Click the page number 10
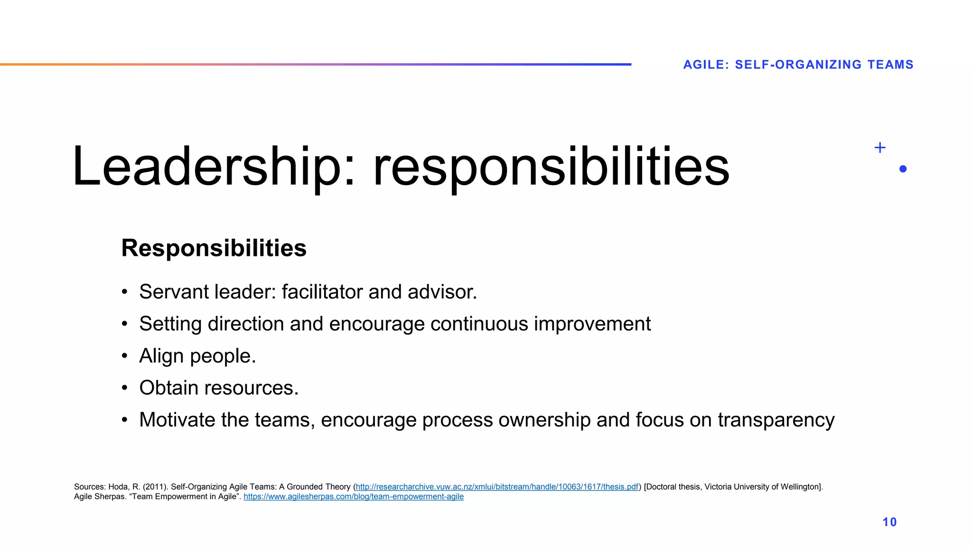pos(889,522)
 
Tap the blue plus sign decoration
pos(880,148)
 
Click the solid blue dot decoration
pos(903,169)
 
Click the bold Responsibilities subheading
pos(214,248)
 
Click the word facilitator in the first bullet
pos(323,292)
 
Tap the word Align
pos(161,356)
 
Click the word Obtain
pos(168,388)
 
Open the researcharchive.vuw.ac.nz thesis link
pos(497,487)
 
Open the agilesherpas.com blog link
pos(354,497)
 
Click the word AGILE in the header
pos(704,65)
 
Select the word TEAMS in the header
pos(890,65)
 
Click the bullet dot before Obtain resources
pos(124,388)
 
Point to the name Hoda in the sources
pos(118,487)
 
